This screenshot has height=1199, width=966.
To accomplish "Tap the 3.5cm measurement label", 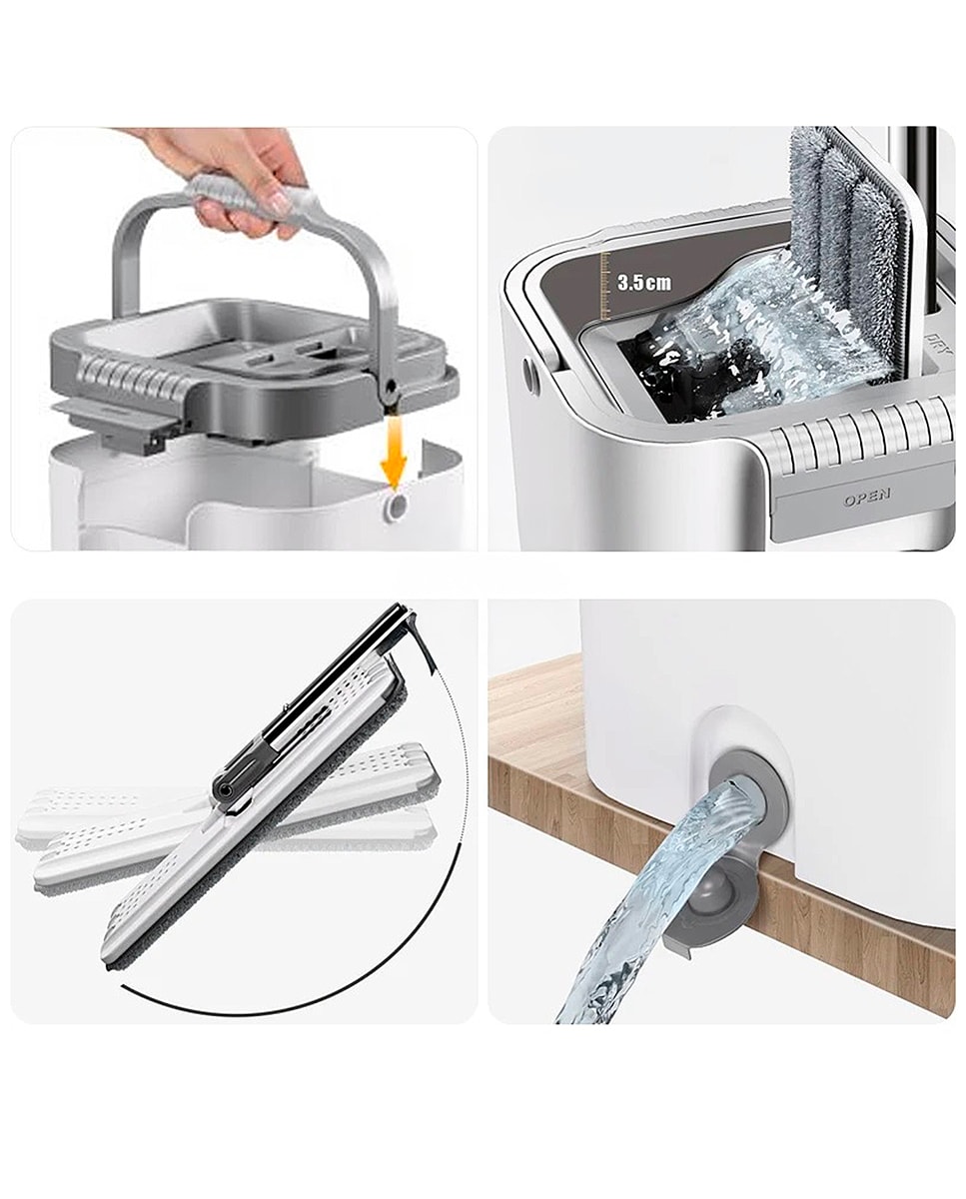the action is click(x=644, y=283).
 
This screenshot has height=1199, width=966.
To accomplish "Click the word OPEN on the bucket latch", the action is click(x=866, y=497).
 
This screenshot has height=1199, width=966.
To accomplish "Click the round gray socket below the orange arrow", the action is click(x=397, y=507).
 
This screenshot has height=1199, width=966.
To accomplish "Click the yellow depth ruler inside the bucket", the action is click(x=606, y=286).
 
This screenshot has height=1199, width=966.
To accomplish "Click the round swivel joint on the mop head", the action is click(x=226, y=790).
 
